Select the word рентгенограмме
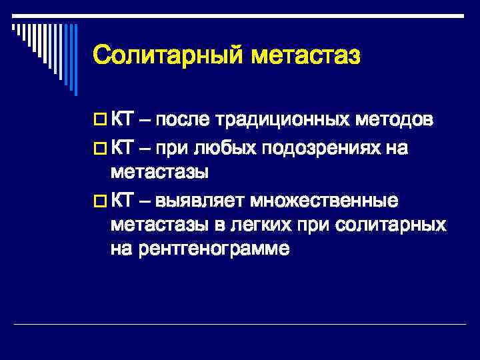[x=214, y=250]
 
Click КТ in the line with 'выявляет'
[x=122, y=199]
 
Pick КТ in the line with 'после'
[x=122, y=120]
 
